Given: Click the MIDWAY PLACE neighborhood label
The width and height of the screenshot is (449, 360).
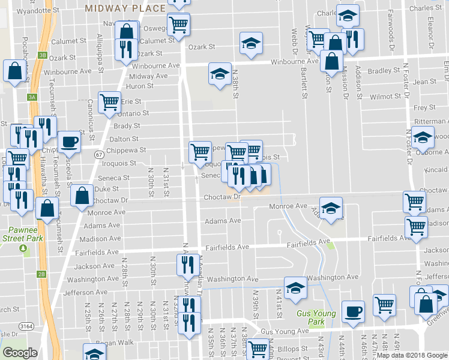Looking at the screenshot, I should (x=125, y=8).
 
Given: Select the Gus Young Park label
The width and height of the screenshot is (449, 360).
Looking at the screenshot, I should (x=311, y=317).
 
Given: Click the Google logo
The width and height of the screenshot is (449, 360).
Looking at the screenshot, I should (x=20, y=353).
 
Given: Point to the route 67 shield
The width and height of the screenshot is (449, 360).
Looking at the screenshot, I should (x=97, y=155).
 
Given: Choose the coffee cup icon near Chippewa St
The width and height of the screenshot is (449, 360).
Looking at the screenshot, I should (x=69, y=142).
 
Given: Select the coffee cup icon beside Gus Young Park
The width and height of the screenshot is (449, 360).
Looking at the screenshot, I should (x=353, y=311).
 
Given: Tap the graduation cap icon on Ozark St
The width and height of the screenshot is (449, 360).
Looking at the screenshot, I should (x=251, y=43).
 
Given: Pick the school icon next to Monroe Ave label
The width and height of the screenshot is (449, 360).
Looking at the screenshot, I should (x=330, y=208).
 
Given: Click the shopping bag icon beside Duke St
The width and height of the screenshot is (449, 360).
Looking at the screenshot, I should (x=82, y=195).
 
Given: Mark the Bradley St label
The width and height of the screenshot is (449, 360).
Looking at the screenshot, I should (x=379, y=71).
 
